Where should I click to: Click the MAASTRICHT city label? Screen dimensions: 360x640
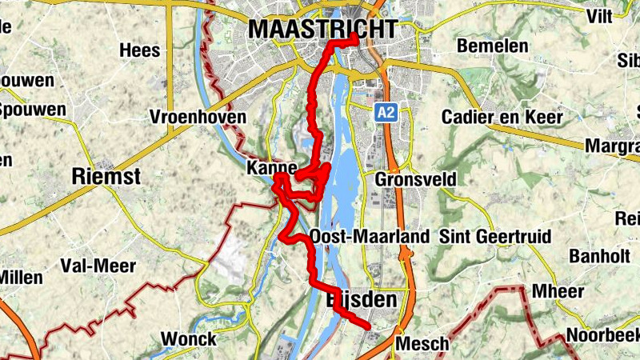(322, 30)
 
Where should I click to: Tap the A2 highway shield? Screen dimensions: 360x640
(386, 113)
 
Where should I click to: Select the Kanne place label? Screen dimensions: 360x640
(272, 169)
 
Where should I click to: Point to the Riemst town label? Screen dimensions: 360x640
(106, 177)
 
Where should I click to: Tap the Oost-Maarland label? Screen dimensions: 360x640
(370, 237)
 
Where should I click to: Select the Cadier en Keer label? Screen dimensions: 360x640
(502, 118)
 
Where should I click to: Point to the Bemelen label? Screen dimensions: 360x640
(492, 46)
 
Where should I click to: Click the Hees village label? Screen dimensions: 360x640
(140, 50)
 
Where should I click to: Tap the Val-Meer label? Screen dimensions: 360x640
(98, 266)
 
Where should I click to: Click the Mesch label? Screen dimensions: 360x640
(423, 344)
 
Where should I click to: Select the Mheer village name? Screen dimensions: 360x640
(558, 291)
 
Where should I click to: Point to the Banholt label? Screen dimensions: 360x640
(600, 256)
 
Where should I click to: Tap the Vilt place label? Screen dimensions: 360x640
(598, 16)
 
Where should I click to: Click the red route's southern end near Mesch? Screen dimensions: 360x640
(367, 326)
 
